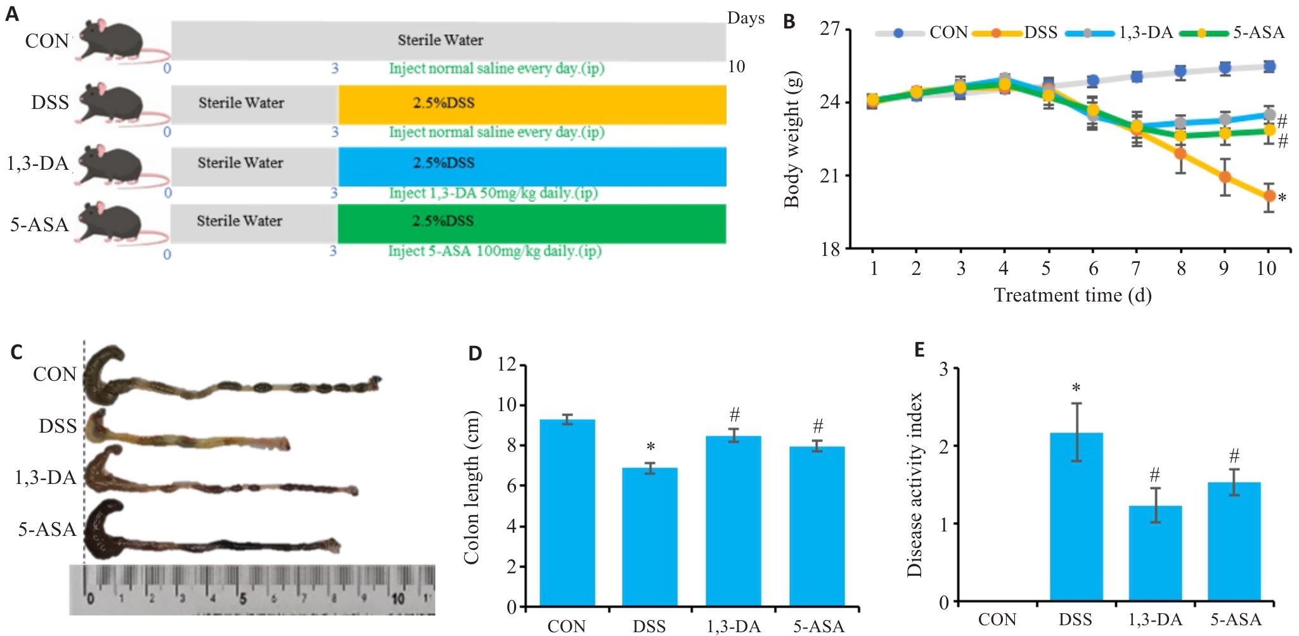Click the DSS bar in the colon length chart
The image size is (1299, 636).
pyautogui.click(x=650, y=537)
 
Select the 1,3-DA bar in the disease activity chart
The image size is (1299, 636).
pyautogui.click(x=1155, y=553)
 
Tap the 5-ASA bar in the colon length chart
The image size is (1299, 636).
pyautogui.click(x=817, y=526)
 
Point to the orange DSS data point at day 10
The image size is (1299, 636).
pyautogui.click(x=1269, y=196)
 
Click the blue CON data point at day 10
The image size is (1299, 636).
pyautogui.click(x=1269, y=67)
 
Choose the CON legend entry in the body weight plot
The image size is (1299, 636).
pyautogui.click(x=922, y=32)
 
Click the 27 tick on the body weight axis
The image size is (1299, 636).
pyautogui.click(x=830, y=29)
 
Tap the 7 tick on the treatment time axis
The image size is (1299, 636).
pyautogui.click(x=1136, y=269)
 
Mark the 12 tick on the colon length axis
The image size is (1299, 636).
pyautogui.click(x=507, y=364)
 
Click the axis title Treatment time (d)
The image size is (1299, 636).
pyautogui.click(x=1073, y=295)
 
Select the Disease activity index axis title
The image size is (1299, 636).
pyautogui.click(x=914, y=485)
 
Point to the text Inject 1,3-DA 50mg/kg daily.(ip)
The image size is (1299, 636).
pyautogui.click(x=493, y=193)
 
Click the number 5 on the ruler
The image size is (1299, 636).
pyautogui.click(x=243, y=598)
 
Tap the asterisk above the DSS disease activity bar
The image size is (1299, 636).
pyautogui.click(x=1076, y=388)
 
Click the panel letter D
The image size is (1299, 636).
pyautogui.click(x=475, y=353)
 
